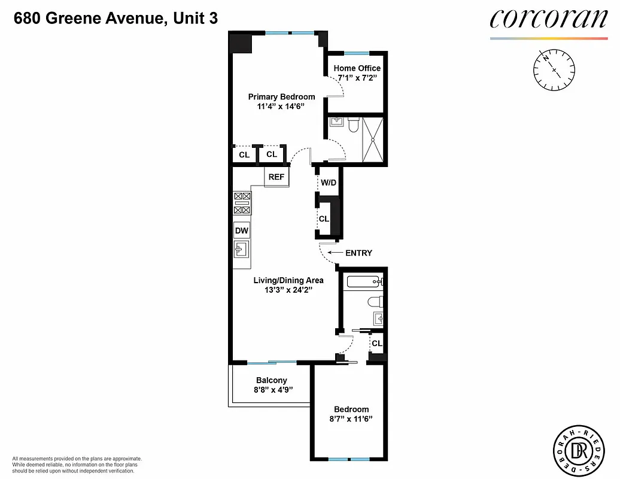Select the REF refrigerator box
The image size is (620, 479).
click(x=276, y=177)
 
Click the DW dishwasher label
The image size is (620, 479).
click(x=242, y=231)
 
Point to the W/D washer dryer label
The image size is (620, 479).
click(x=327, y=182)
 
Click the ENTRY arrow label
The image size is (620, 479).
click(x=358, y=253)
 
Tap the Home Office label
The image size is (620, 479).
click(x=357, y=68)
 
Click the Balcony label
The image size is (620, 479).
click(x=272, y=380)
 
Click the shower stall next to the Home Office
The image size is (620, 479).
click(x=374, y=139)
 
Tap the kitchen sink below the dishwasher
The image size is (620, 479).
click(x=241, y=249)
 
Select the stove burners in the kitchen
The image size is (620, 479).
click(x=242, y=204)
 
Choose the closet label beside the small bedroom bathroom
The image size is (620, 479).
click(x=376, y=344)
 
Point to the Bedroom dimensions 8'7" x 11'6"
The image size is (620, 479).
click(x=351, y=419)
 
